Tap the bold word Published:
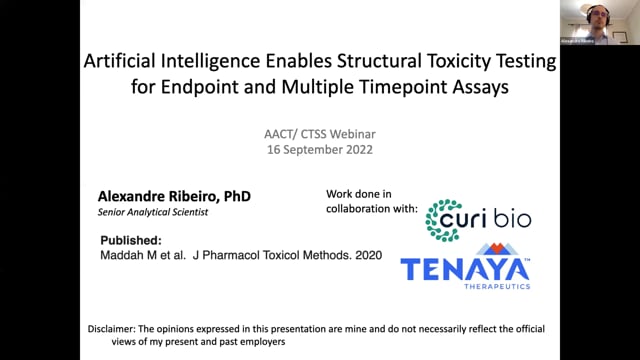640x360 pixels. point(131,241)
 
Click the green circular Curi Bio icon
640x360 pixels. point(443,220)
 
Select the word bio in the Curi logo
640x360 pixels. point(512,219)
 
